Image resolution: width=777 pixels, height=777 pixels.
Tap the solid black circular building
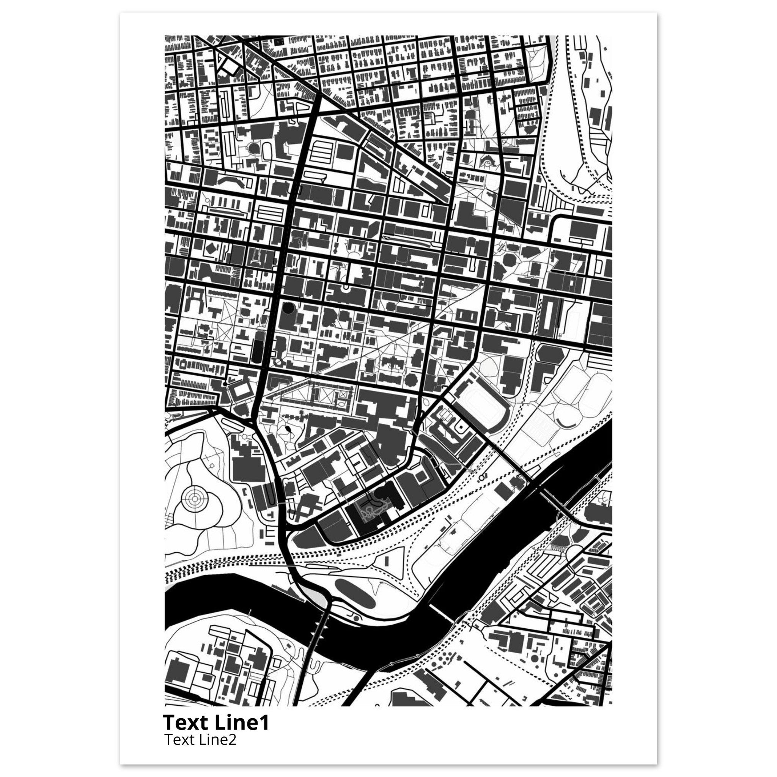(x=288, y=308)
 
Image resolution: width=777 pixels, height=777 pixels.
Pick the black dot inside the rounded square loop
(x=460, y=426)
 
